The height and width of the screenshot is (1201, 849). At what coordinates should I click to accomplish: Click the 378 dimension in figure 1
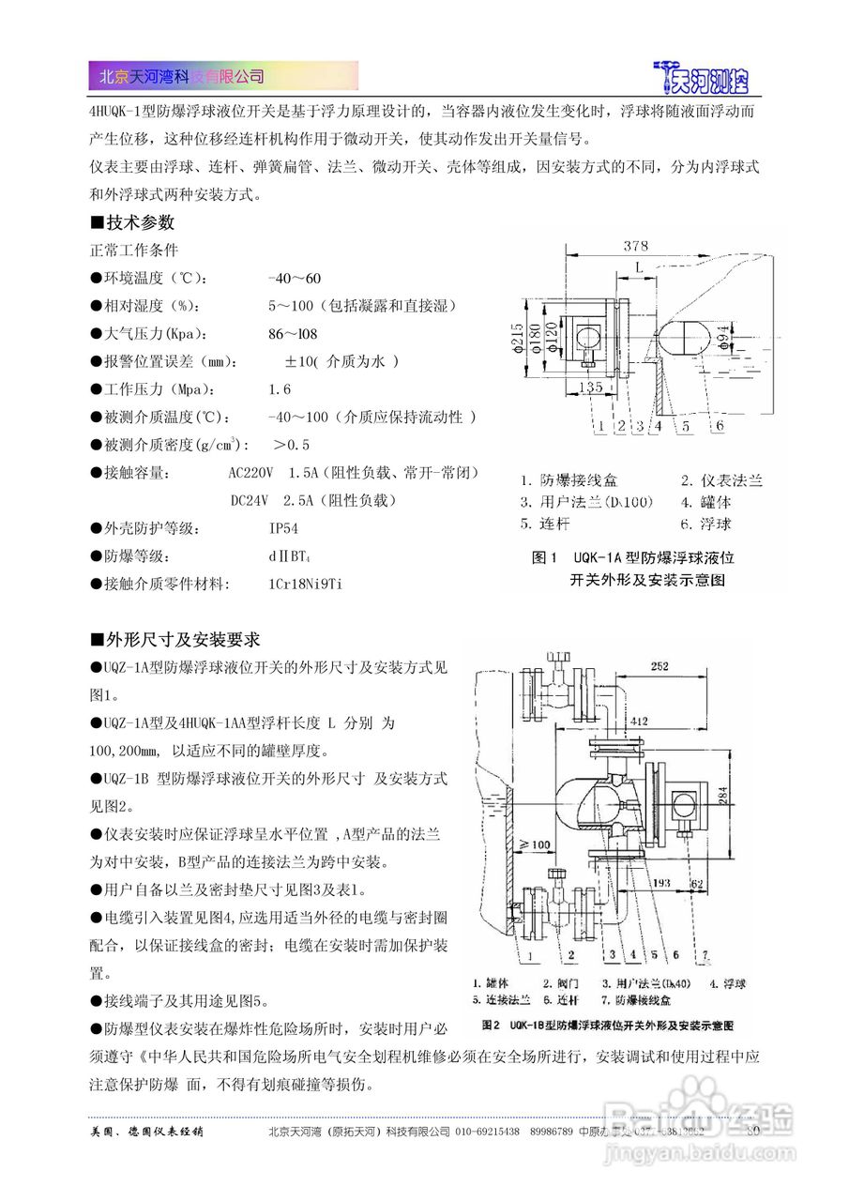(x=636, y=246)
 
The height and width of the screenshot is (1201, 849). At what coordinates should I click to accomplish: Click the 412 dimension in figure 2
(x=640, y=721)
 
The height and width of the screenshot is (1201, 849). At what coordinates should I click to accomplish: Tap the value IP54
(x=283, y=528)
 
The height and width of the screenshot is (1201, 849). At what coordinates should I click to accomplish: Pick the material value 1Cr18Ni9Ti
(x=305, y=584)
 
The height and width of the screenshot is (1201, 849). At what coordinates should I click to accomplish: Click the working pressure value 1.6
(x=280, y=388)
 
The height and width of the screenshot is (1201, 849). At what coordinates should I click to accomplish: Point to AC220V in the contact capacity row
(x=250, y=472)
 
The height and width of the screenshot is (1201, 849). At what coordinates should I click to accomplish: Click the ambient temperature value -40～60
(x=295, y=279)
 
